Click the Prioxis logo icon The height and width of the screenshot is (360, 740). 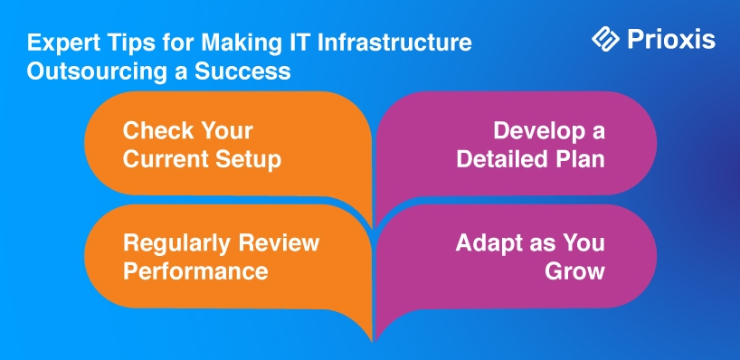point(605,39)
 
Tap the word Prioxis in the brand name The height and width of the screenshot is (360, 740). point(671,40)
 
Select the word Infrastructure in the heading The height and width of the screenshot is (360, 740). point(394,43)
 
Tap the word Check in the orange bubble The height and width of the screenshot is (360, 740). point(154,130)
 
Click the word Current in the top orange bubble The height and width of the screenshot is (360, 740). point(166,159)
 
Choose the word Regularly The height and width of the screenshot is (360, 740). point(177,244)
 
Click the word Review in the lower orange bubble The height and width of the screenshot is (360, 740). point(279,243)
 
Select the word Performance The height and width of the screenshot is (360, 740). point(195,271)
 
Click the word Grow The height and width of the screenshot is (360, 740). point(574,271)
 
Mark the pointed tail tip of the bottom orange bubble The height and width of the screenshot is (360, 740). point(373,341)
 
